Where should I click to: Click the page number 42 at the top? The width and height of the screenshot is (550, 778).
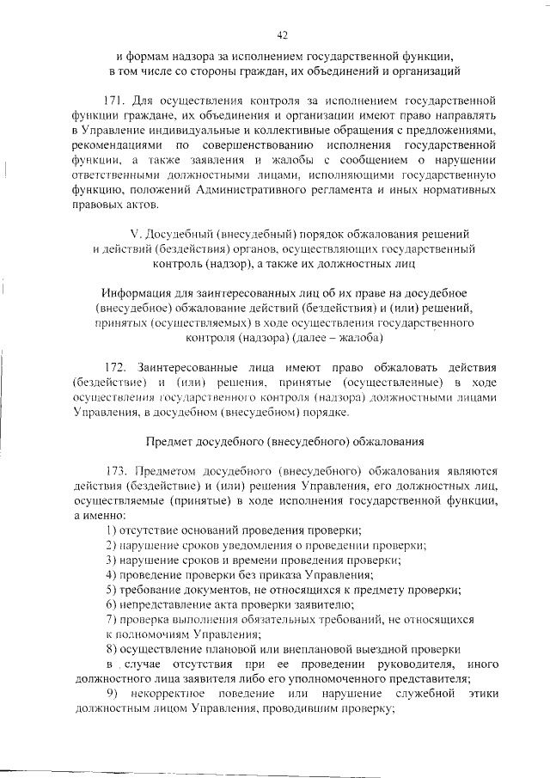click(x=282, y=35)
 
